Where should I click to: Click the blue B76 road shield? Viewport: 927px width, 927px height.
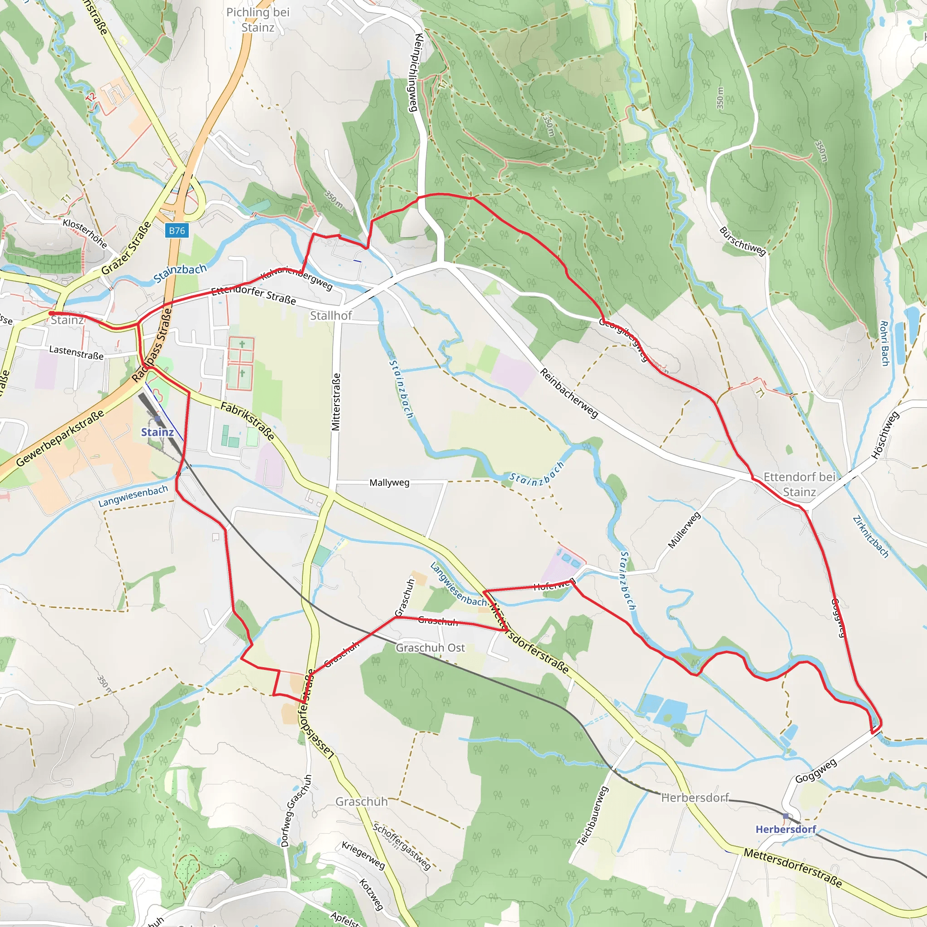[177, 230]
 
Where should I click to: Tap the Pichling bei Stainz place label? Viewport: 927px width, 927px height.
[258, 19]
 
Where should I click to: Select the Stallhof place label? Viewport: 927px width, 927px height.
[330, 315]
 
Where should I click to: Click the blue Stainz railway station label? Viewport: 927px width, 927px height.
[157, 432]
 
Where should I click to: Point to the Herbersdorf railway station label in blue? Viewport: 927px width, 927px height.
[785, 829]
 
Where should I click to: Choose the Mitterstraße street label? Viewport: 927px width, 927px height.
[336, 402]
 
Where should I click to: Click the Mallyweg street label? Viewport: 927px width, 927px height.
[389, 482]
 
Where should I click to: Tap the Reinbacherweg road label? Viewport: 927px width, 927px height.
[569, 393]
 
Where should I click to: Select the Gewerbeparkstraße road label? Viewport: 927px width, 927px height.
[60, 438]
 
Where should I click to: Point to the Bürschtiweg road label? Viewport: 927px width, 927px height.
[742, 241]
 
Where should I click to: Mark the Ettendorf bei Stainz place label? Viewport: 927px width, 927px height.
[799, 484]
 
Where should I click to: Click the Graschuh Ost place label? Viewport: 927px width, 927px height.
[430, 648]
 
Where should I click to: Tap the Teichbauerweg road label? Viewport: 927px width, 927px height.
[593, 816]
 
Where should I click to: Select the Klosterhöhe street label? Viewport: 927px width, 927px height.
[85, 233]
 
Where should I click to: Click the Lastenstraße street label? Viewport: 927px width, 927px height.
[76, 353]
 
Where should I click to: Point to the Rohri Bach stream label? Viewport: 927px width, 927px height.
[884, 343]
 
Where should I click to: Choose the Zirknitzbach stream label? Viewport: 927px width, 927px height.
[871, 537]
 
